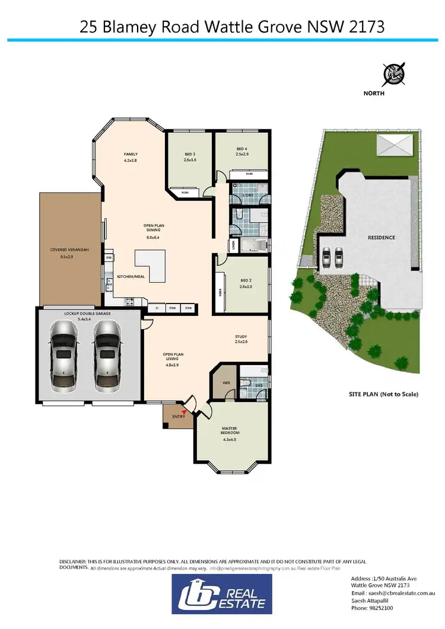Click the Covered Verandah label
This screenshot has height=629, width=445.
[x=69, y=253]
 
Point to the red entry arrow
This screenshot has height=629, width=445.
[x=184, y=411]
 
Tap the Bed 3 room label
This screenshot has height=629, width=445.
[x=190, y=157]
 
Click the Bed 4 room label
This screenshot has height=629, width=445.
[x=241, y=151]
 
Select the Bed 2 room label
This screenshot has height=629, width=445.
[x=246, y=283]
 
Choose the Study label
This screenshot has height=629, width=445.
[x=241, y=339]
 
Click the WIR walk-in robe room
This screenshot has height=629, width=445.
[x=225, y=383]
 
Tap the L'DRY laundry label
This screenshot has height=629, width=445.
[x=249, y=195]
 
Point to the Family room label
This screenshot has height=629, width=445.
[x=131, y=157]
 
